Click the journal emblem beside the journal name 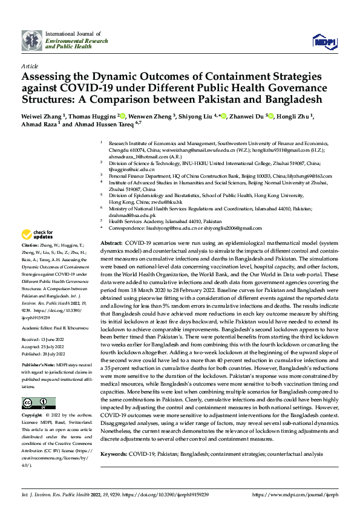(33, 41)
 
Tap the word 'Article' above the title (29, 65)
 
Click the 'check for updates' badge (38, 235)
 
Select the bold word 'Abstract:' (112, 242)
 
